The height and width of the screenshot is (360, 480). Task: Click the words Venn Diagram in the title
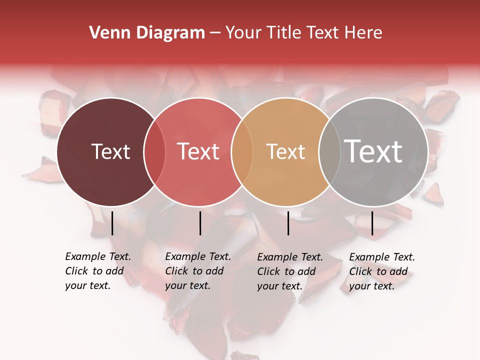pos(146,33)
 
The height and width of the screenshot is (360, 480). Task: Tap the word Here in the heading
pos(364,33)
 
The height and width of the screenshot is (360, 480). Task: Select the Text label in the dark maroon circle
pos(110,151)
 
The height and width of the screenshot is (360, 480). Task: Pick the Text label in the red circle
pos(198,151)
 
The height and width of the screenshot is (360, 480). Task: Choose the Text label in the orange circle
pos(285,151)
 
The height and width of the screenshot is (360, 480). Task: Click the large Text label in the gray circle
pos(373,151)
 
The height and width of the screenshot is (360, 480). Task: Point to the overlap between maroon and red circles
pos(154,151)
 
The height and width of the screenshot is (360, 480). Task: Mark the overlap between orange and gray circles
pos(328,151)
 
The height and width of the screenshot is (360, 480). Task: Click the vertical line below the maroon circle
pos(112,223)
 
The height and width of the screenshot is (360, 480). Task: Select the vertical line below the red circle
pos(200,223)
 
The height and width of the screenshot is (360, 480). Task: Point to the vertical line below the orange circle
pos(288,223)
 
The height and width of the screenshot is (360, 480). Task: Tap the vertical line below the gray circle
pos(372,223)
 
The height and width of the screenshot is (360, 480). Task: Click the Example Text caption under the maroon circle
pos(98,256)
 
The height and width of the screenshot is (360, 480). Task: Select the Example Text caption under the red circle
pos(198,256)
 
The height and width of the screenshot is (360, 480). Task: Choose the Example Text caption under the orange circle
pos(290,257)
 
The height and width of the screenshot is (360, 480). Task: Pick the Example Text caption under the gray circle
pos(382,257)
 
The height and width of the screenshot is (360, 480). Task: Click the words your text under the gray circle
pos(371,286)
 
